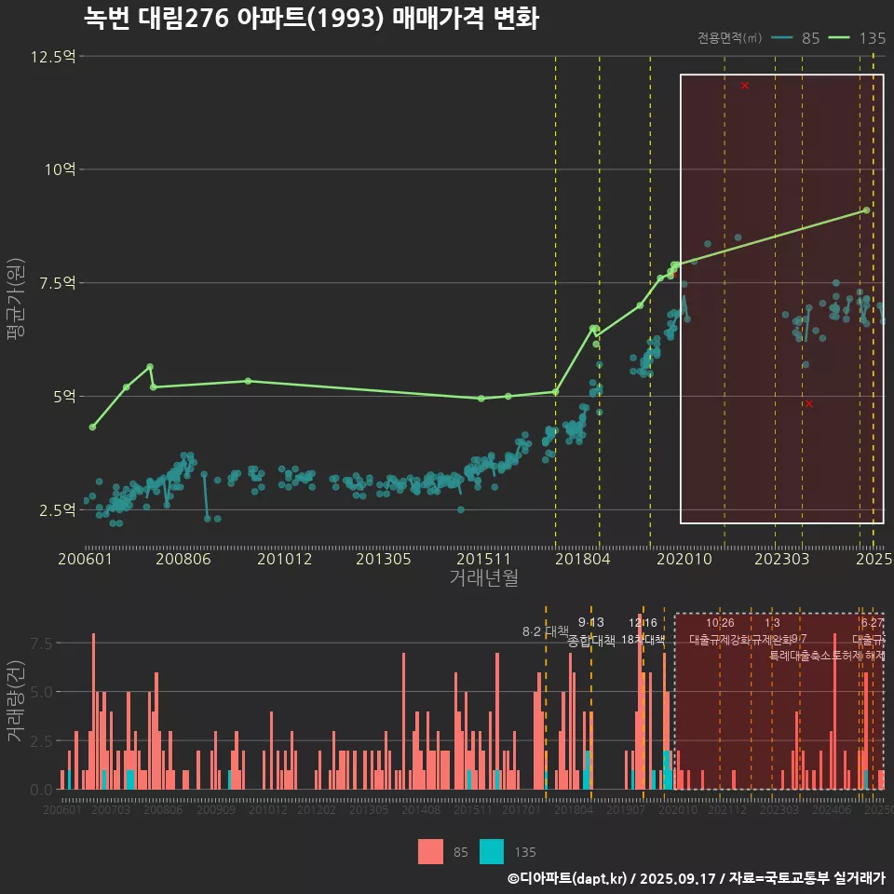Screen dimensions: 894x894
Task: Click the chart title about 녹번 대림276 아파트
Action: click(311, 19)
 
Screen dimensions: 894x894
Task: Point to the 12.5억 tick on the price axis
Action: click(52, 57)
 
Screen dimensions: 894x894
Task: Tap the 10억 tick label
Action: click(60, 169)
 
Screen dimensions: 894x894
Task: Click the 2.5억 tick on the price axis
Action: click(56, 510)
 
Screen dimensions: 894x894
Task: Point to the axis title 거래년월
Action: click(483, 577)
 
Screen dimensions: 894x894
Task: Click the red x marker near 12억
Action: click(745, 86)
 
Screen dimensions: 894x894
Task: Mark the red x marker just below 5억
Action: click(808, 403)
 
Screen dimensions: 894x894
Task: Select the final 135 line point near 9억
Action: click(866, 210)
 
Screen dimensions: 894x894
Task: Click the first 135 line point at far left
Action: click(92, 427)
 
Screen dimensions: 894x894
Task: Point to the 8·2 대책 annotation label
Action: click(545, 631)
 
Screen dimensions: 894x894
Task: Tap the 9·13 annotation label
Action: click(590, 622)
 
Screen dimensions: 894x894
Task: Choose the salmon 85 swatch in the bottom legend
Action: click(430, 851)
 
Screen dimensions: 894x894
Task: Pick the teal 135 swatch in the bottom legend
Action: click(492, 851)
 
